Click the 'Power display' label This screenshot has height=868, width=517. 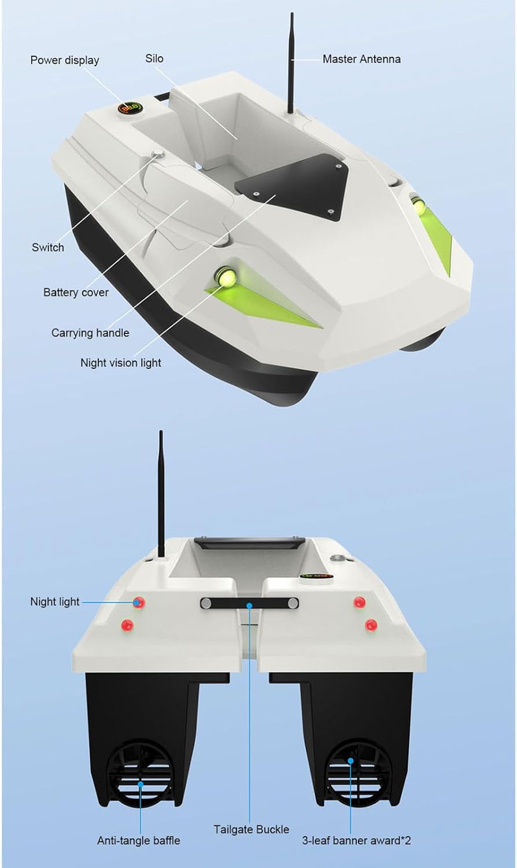(x=65, y=60)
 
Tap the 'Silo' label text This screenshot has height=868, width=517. (x=154, y=58)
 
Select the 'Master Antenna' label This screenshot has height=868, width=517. (x=361, y=59)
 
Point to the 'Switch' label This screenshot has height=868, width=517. (x=48, y=248)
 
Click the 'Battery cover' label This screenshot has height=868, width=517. (x=76, y=292)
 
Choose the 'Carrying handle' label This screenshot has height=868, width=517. (x=90, y=333)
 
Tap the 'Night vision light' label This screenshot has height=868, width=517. (x=121, y=363)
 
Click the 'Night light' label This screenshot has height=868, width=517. (x=55, y=602)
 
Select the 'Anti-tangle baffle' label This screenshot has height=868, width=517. (x=139, y=840)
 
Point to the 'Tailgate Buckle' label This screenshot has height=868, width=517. (x=252, y=829)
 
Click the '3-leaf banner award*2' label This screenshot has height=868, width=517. (x=356, y=840)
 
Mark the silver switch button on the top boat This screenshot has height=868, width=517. (x=157, y=154)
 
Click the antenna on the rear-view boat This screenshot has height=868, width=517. (x=161, y=492)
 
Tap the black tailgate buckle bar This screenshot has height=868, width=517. (x=250, y=604)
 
